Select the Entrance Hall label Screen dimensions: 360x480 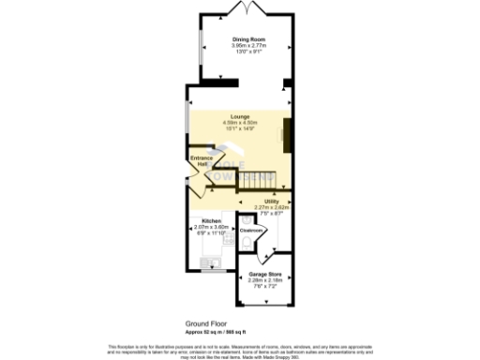pyautogui.click(x=200, y=160)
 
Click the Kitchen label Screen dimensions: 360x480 pyautogui.click(x=211, y=220)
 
